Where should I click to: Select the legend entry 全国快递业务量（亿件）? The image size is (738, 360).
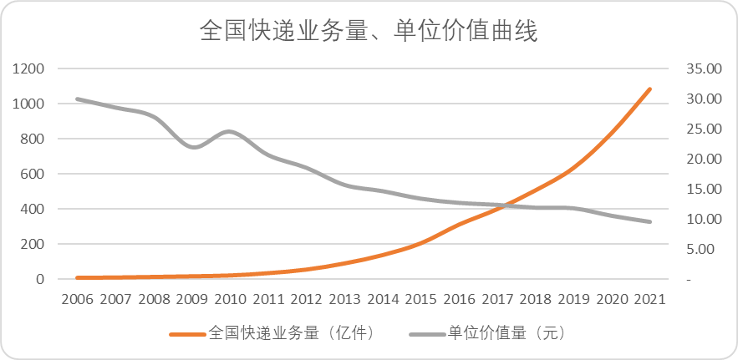pyautogui.click(x=274, y=333)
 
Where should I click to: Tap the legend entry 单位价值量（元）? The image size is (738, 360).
pyautogui.click(x=488, y=333)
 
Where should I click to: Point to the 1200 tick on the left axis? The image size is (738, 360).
pyautogui.click(x=28, y=68)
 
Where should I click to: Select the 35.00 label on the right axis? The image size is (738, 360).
pyautogui.click(x=704, y=68)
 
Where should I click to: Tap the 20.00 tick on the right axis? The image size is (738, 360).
pyautogui.click(x=704, y=159)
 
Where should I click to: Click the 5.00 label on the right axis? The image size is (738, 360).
pyautogui.click(x=707, y=250)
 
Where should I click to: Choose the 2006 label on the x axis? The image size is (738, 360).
pyautogui.click(x=77, y=300)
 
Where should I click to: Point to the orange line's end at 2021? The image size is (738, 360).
pyautogui.click(x=649, y=89)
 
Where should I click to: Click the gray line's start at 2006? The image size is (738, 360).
pyautogui.click(x=77, y=99)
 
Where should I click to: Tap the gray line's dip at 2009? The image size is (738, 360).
pyautogui.click(x=193, y=147)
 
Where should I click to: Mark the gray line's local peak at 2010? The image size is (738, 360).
pyautogui.click(x=229, y=131)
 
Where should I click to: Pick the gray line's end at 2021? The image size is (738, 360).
pyautogui.click(x=649, y=221)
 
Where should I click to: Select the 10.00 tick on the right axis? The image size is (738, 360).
pyautogui.click(x=704, y=220)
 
